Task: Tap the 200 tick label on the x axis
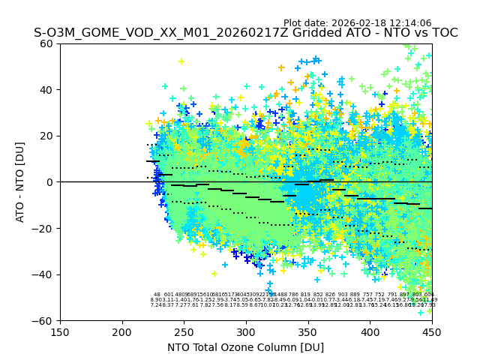coord(122,331)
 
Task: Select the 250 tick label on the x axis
coord(184,331)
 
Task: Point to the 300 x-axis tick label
coord(246,331)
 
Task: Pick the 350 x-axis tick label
coord(308,331)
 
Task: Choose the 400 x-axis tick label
coord(370,331)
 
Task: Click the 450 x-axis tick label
coord(432,331)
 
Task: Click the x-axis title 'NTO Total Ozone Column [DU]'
coord(246,347)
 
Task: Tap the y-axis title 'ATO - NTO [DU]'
coord(21,182)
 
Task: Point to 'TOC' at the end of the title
coord(443,33)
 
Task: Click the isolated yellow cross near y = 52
coord(181,61)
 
